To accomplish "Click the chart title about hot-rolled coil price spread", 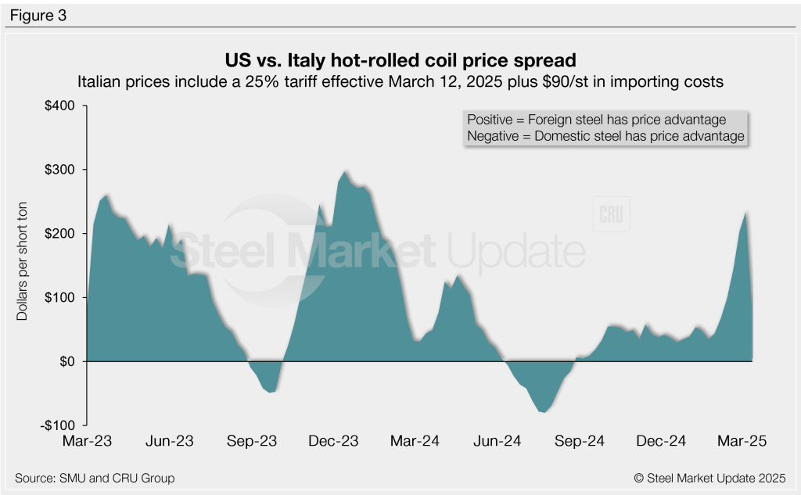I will click(400, 60).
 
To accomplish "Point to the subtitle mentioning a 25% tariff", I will click(400, 81).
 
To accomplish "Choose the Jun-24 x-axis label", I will click(498, 442).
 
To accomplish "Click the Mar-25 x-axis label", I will click(742, 442).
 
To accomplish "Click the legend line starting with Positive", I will click(596, 120).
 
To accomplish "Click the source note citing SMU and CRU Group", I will click(95, 478).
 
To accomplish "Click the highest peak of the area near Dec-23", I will click(345, 171).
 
